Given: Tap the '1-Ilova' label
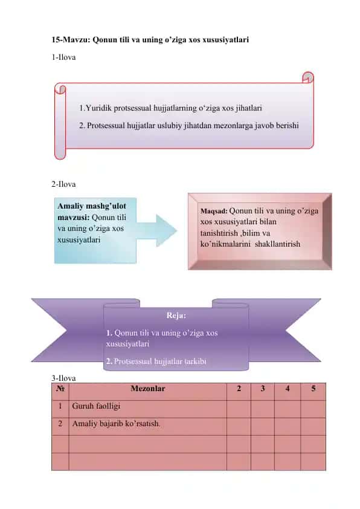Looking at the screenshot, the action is (63, 57).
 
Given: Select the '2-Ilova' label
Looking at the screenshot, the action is (63, 184).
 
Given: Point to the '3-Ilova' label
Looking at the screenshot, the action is (63, 378).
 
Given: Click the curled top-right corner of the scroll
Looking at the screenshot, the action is (308, 77).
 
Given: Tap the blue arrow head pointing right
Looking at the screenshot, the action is (166, 230).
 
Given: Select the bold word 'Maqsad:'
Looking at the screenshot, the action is (214, 211).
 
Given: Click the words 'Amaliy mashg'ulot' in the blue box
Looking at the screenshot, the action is (92, 206).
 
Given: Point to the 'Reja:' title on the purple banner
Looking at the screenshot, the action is (176, 315).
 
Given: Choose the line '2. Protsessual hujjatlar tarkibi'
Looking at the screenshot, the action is (156, 361).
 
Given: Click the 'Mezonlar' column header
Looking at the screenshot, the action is (148, 388).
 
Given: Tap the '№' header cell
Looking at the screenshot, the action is (60, 388).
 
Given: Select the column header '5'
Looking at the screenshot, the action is (313, 388).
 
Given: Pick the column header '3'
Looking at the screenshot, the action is (263, 388).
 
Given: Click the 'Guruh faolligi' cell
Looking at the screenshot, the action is (96, 406).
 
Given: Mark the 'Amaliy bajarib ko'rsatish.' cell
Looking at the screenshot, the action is (116, 424).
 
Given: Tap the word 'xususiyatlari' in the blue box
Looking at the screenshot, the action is (79, 240).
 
